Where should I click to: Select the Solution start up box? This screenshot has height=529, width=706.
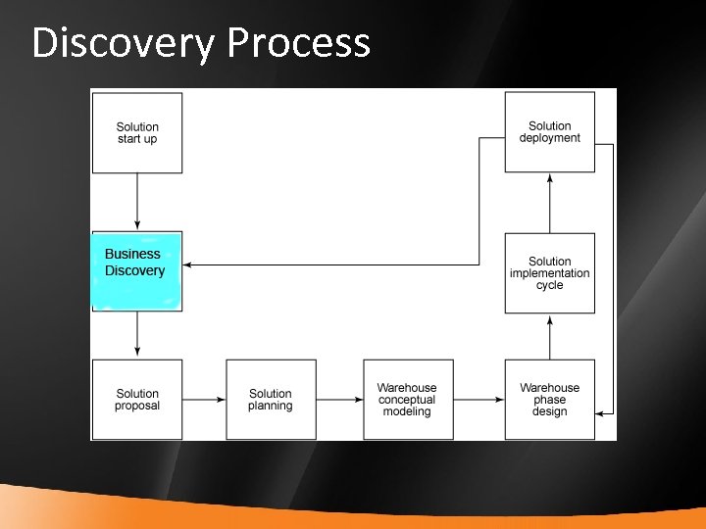coord(137,133)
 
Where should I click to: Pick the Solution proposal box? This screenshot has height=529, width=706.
coord(137,400)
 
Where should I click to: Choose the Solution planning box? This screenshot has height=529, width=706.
coord(271,400)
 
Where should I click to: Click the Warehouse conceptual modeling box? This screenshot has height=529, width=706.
coord(407,400)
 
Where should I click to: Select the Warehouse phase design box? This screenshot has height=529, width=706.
coord(549,400)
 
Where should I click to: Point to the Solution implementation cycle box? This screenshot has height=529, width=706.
coord(549,273)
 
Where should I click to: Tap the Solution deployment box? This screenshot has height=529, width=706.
coord(549,132)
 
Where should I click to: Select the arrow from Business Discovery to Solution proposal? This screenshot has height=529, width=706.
coord(137,335)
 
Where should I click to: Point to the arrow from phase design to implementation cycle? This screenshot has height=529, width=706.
coord(550,337)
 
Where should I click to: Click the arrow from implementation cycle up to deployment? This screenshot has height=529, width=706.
coord(550,203)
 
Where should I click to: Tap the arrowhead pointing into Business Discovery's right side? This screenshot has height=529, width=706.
coord(188,264)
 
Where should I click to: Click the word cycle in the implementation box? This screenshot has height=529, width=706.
coord(549,286)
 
